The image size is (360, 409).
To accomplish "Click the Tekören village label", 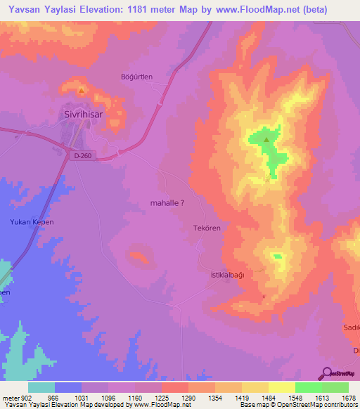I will point(207,228).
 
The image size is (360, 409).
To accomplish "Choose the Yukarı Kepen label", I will point(32,222).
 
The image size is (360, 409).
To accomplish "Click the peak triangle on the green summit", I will point(266,139).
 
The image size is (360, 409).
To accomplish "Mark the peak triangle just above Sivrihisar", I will point(82,91).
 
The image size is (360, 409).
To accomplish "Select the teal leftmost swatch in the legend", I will point(41,387).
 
